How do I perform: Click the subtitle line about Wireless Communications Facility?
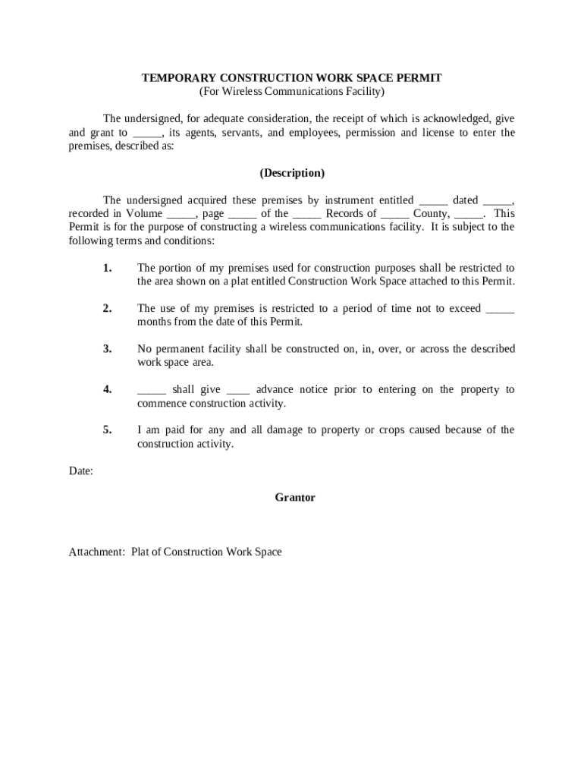292,92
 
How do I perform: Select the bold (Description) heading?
292,173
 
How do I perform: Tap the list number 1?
107,268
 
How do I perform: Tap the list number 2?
107,308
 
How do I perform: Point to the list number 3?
107,349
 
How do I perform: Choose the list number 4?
107,389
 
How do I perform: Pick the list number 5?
107,430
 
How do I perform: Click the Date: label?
81,471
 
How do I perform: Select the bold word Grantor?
294,498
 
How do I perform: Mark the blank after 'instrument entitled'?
433,201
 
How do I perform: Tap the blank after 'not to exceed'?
499,309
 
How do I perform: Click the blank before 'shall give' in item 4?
151,390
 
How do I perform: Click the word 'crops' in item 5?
394,430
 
